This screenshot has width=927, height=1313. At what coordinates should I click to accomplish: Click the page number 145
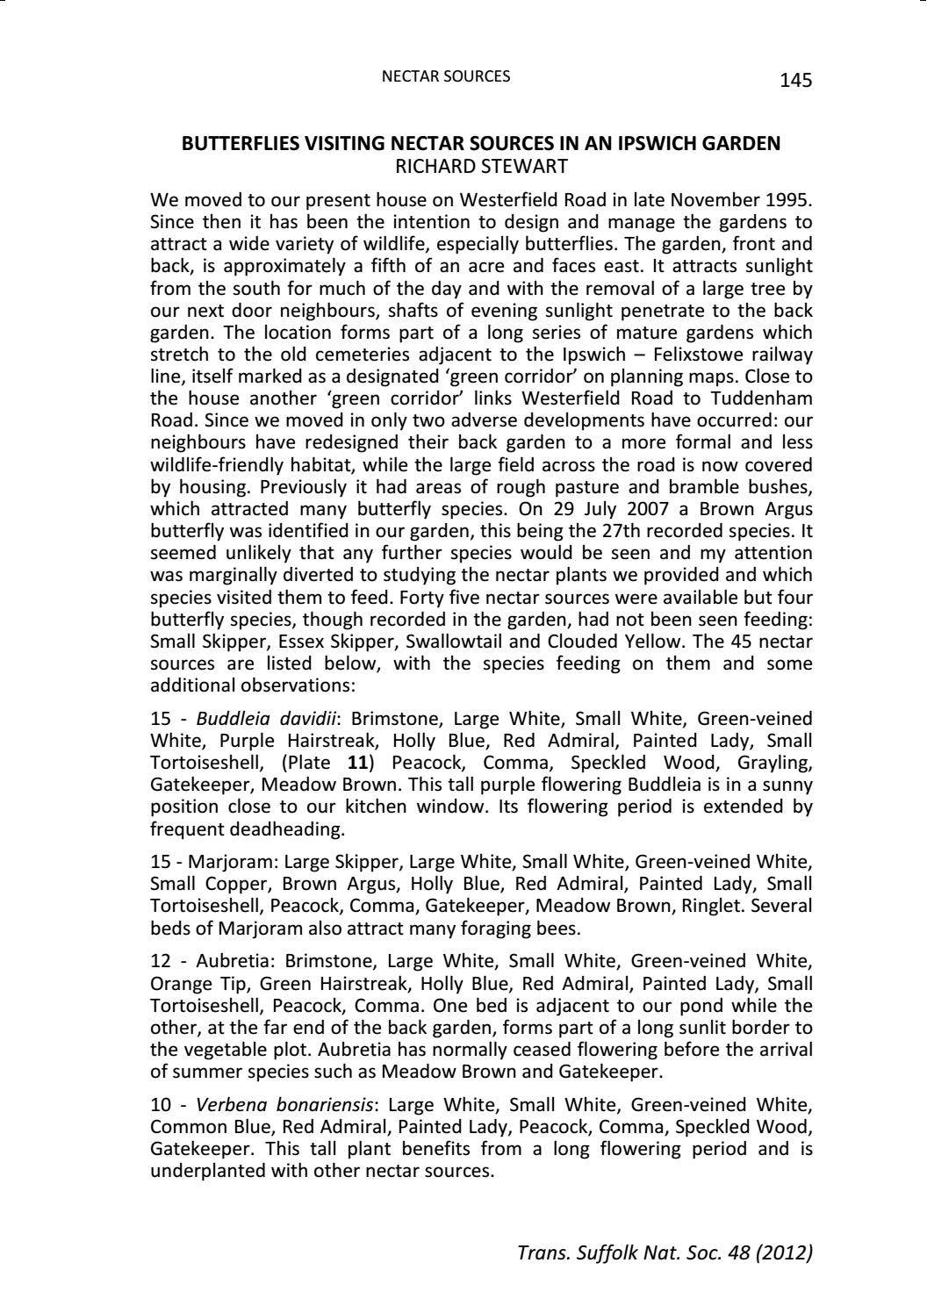795,81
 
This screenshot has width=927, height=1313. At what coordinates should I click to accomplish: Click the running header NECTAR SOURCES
445,76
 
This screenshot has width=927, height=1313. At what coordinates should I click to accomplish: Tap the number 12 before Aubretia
162,962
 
